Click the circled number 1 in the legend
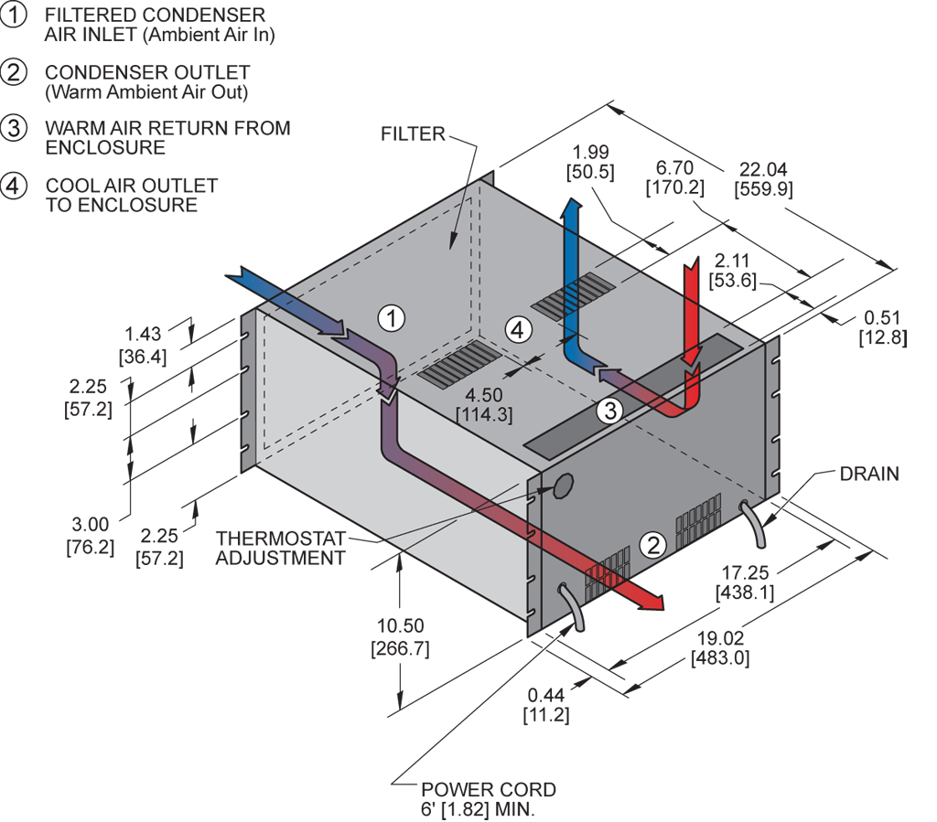tap(14, 16)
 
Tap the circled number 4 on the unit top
tap(518, 329)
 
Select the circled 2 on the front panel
tap(653, 544)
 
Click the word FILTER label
tap(413, 134)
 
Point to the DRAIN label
tap(869, 474)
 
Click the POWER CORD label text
tap(488, 790)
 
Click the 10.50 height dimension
tap(400, 626)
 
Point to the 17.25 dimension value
tap(745, 572)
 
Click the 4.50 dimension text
tap(484, 395)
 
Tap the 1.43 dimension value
tap(143, 336)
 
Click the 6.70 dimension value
tap(675, 168)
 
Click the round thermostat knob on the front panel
tap(561, 486)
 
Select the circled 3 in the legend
tap(14, 128)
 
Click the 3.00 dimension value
tap(91, 525)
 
